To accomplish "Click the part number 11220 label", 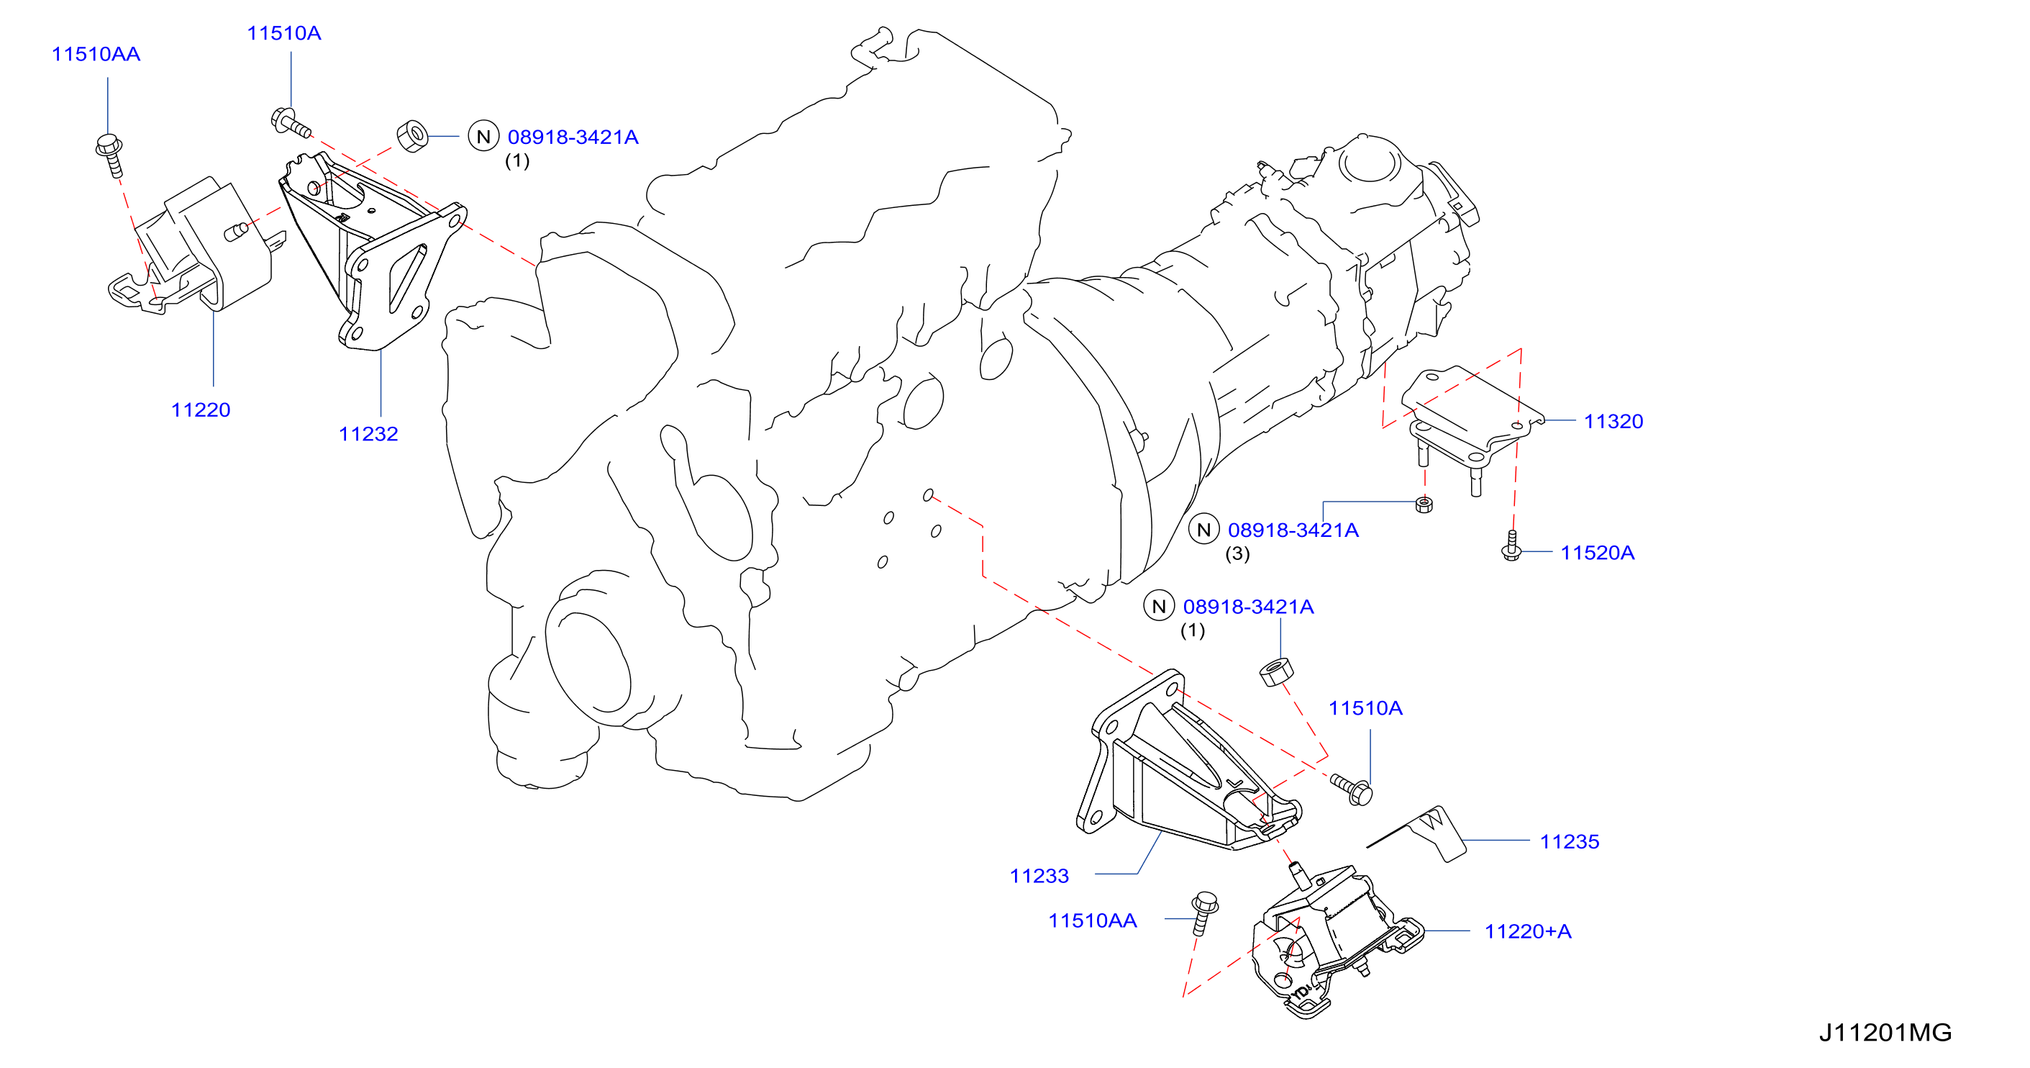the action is click(x=200, y=410).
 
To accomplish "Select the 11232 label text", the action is click(x=368, y=434).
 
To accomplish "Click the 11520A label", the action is click(x=1598, y=553).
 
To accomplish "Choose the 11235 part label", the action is click(x=1569, y=842).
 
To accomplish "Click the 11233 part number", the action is click(x=1039, y=876).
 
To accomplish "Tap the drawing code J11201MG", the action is click(x=1885, y=1033).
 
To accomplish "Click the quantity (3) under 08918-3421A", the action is click(x=1237, y=554).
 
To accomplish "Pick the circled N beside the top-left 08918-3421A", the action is click(x=484, y=136).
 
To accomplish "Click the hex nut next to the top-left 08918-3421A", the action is click(x=412, y=135).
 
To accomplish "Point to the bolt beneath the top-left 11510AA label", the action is click(x=110, y=155).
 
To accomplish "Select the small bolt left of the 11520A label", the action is click(x=1511, y=546).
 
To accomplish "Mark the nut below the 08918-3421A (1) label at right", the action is click(x=1277, y=671).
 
